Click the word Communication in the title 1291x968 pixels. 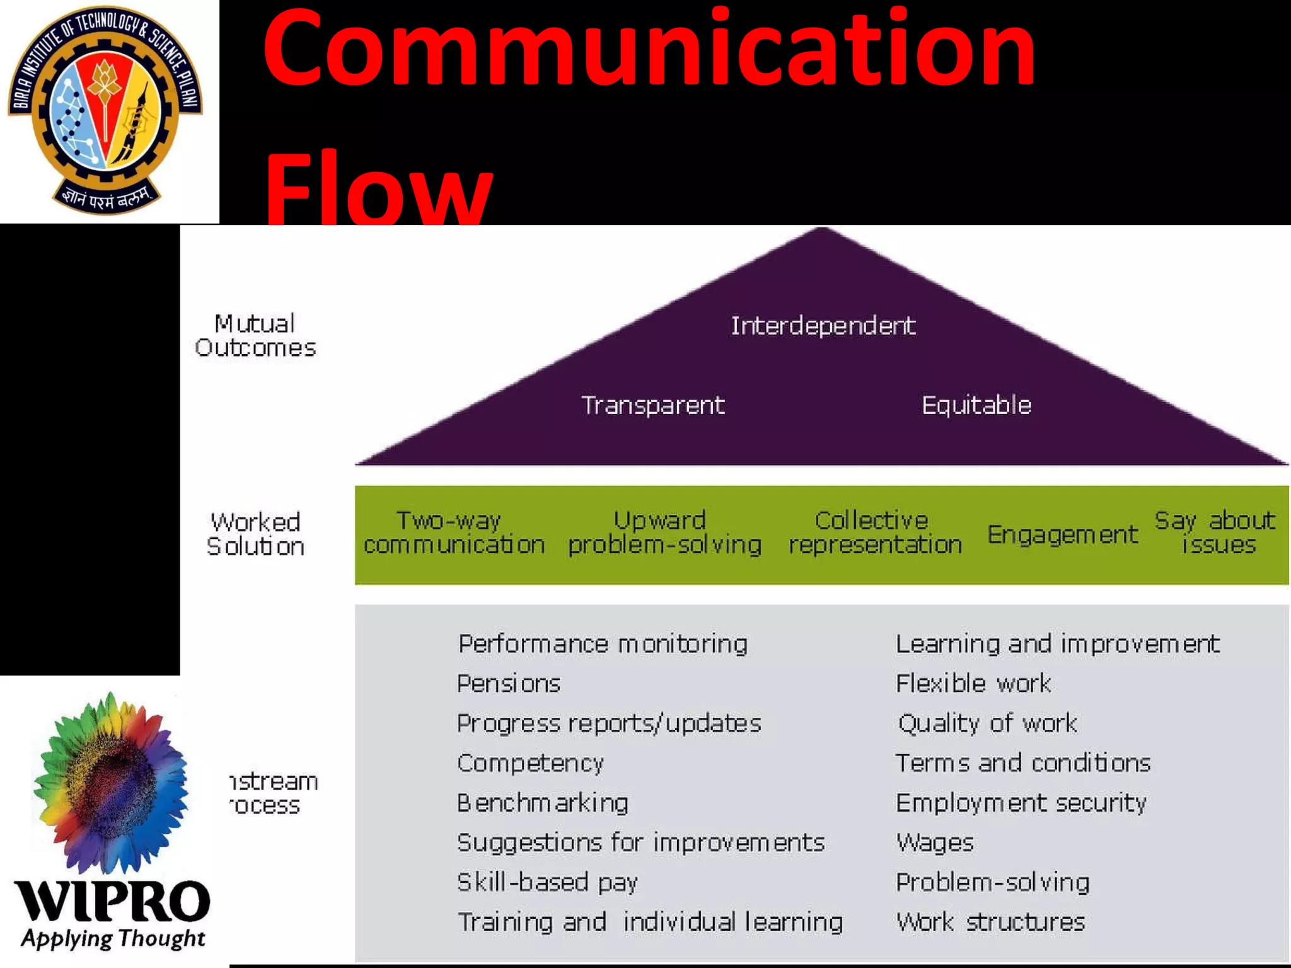tap(649, 50)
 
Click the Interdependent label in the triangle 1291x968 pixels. tap(823, 326)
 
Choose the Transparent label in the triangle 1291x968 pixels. tap(652, 405)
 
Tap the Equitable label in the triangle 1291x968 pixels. tap(976, 405)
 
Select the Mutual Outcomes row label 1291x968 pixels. tap(255, 336)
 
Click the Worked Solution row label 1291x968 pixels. tap(255, 534)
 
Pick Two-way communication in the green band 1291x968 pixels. tap(454, 533)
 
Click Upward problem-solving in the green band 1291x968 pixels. tap(664, 533)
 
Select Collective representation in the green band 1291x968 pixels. tap(875, 533)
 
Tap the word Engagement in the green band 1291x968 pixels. tap(1062, 534)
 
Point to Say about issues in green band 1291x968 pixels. tap(1215, 533)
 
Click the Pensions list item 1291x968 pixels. tap(509, 684)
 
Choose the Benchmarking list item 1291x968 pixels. tap(543, 803)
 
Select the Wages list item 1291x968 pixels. tap(935, 843)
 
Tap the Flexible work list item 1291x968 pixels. tap(973, 684)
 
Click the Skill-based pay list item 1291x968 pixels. tap(547, 882)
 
